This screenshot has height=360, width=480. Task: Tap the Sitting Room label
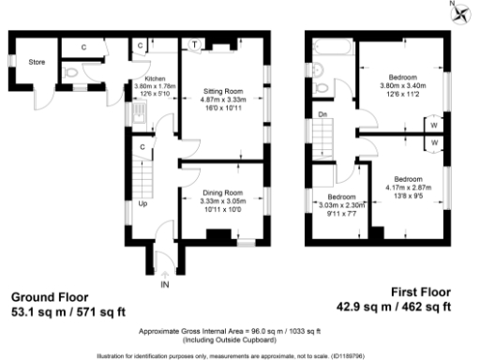224,92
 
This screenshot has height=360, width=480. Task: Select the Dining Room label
224,192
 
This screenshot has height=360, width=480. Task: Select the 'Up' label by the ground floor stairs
142,202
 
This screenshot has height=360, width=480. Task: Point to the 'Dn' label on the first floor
322,115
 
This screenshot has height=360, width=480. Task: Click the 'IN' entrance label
165,282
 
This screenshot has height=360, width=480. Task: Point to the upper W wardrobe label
435,125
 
